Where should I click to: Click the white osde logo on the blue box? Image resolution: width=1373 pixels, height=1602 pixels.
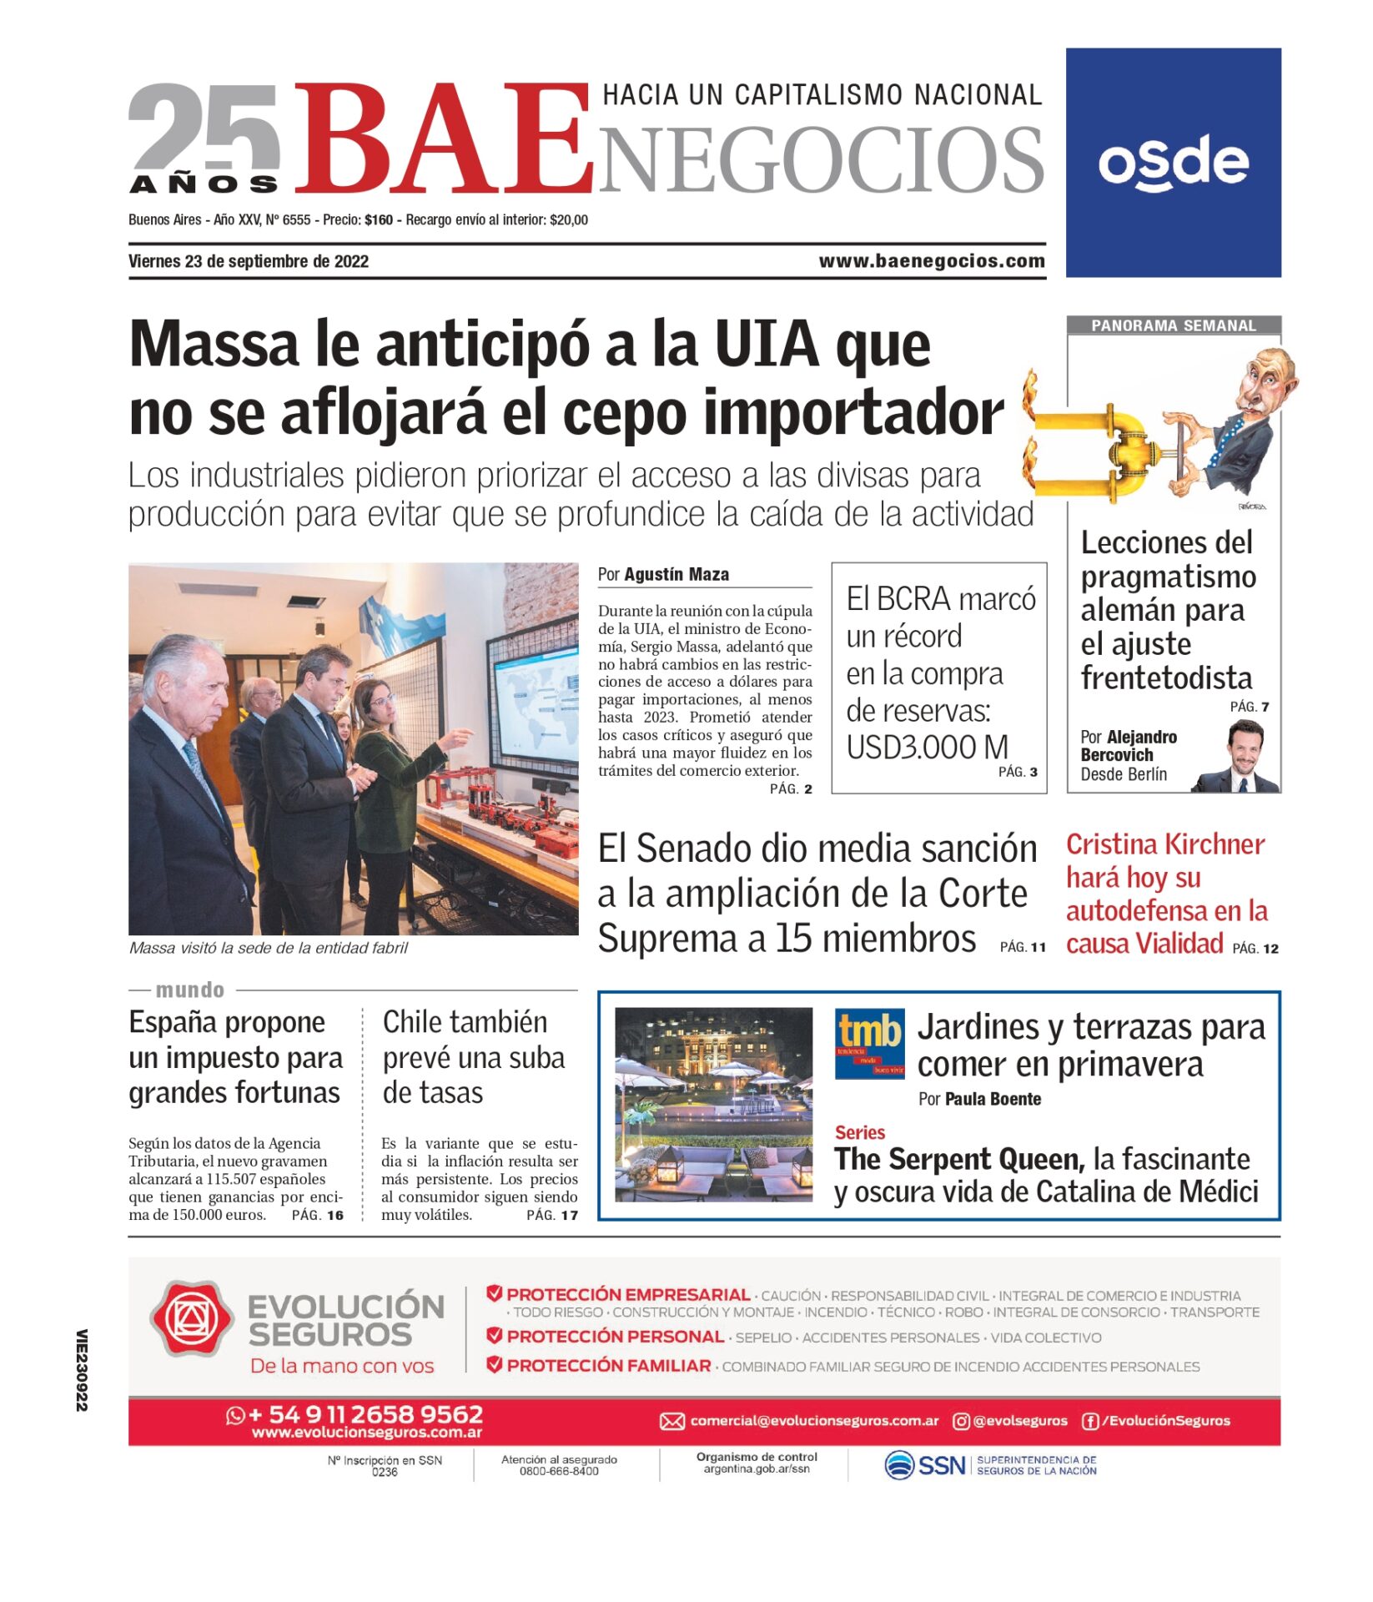point(1172,163)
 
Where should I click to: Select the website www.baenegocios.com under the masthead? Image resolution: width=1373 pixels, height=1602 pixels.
point(931,261)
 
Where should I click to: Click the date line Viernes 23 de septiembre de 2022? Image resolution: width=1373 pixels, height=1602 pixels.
point(249,261)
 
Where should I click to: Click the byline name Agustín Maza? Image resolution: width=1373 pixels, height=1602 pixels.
point(676,574)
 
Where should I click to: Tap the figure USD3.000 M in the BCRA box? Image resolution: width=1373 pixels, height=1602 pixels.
point(927,747)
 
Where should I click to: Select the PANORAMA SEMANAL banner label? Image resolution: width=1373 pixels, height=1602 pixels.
point(1173,325)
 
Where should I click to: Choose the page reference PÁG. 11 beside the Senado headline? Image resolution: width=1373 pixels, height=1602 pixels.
point(1022,947)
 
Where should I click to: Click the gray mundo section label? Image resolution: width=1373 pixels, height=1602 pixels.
point(189,990)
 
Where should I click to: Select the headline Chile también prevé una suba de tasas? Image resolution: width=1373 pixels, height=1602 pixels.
point(473,1056)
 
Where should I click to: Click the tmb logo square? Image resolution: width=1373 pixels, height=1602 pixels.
point(869,1043)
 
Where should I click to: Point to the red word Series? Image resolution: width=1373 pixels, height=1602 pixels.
point(859,1132)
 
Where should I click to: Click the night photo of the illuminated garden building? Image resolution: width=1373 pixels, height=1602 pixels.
point(713,1104)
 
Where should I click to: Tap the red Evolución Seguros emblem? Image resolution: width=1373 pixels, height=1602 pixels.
point(191,1318)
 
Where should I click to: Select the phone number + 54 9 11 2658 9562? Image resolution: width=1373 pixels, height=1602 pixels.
point(365,1414)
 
